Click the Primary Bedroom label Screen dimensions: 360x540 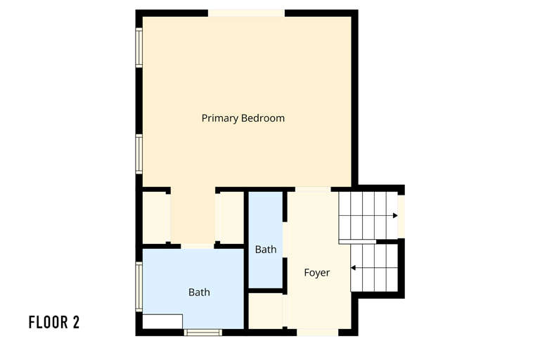pyautogui.click(x=243, y=118)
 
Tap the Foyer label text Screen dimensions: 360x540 pyautogui.click(x=316, y=272)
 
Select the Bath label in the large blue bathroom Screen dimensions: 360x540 pyautogui.click(x=199, y=292)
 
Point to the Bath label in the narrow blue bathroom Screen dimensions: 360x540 pyautogui.click(x=266, y=249)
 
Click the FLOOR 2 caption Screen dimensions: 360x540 pyautogui.click(x=54, y=323)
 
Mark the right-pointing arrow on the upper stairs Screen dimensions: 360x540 pyautogui.click(x=395, y=215)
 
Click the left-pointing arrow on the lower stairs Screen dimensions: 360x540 pyautogui.click(x=354, y=267)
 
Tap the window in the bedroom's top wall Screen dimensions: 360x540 pyautogui.click(x=246, y=13)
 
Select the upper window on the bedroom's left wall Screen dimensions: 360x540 pyautogui.click(x=139, y=47)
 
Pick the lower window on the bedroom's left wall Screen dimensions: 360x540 pyautogui.click(x=139, y=154)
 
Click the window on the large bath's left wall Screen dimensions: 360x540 pyautogui.click(x=139, y=286)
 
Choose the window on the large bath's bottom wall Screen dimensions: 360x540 pyautogui.click(x=202, y=332)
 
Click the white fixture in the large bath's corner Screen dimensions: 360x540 pyautogui.click(x=162, y=321)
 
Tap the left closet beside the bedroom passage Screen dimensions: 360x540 pyautogui.click(x=155, y=217)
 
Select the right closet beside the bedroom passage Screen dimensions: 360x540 pyautogui.click(x=230, y=217)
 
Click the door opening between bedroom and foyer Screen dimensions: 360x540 pyautogui.click(x=312, y=189)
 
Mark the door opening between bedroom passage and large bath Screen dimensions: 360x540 pyautogui.click(x=198, y=245)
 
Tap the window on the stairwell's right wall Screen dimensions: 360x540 pyautogui.click(x=401, y=215)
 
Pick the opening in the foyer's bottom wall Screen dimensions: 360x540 pyautogui.click(x=317, y=331)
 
